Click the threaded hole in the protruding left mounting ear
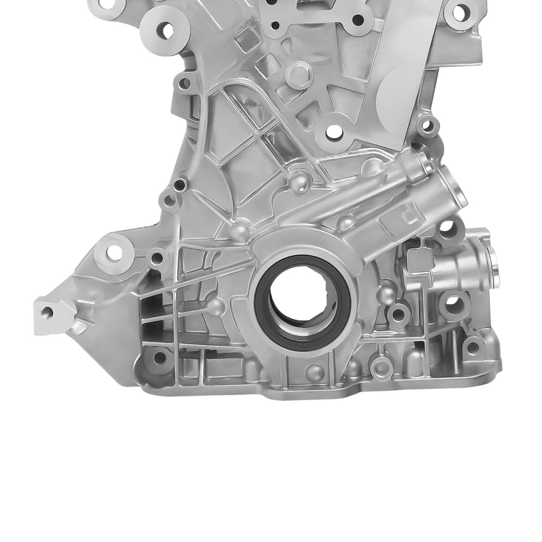pyautogui.click(x=47, y=312)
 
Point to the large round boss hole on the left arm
pyautogui.click(x=114, y=252)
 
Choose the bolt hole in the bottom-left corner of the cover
pyautogui.click(x=159, y=358)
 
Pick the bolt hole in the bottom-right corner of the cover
pyautogui.click(x=473, y=347)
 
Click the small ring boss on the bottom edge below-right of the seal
pyautogui.click(x=383, y=367)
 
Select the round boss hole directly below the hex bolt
pyautogui.click(x=334, y=131)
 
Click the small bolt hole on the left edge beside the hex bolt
pyautogui.click(x=185, y=83)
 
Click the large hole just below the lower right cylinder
pyautogui.click(x=454, y=305)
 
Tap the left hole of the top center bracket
pyautogui.click(x=275, y=25)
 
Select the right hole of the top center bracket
pyautogui.click(x=358, y=21)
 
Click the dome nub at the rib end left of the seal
pyautogui.click(x=215, y=307)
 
